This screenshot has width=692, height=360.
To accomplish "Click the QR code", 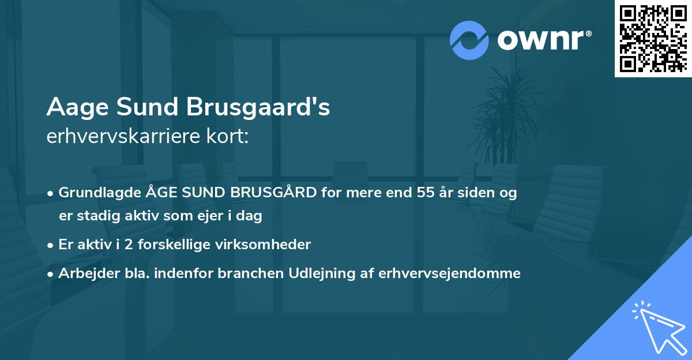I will tap(653, 39).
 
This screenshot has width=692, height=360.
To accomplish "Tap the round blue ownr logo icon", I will tap(469, 40).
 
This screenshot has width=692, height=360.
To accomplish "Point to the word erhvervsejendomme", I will tap(450, 273).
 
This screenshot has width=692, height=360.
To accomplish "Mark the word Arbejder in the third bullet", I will tap(84, 273).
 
